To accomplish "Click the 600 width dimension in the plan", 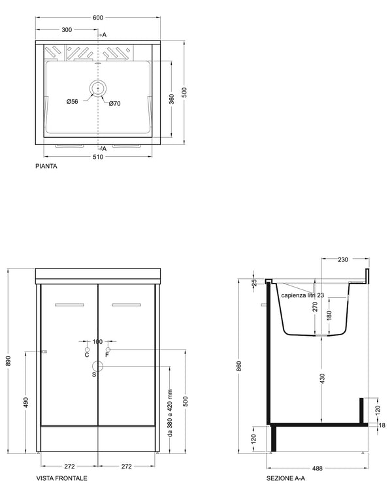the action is (x=98, y=18).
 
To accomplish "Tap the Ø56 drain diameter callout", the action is (x=72, y=101).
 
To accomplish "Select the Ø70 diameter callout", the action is (x=114, y=103).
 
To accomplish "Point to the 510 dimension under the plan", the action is (x=98, y=157).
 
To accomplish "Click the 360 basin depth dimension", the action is (x=172, y=99).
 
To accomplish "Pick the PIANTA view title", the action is (x=46, y=167).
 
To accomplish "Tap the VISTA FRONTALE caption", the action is (x=62, y=478).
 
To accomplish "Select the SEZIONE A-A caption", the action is (x=286, y=478).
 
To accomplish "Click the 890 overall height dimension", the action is (x=8, y=361).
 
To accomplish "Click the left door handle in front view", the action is (x=69, y=304).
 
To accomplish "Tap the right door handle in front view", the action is (x=127, y=304).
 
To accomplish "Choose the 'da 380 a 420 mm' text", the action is (x=170, y=413).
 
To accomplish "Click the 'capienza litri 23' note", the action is (x=302, y=295).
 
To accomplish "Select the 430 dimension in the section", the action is (x=323, y=379).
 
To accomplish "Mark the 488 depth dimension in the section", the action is (x=318, y=468).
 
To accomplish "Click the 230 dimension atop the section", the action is (x=343, y=259).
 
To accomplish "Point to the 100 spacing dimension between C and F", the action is (x=97, y=341).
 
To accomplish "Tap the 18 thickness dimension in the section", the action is (x=382, y=425).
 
